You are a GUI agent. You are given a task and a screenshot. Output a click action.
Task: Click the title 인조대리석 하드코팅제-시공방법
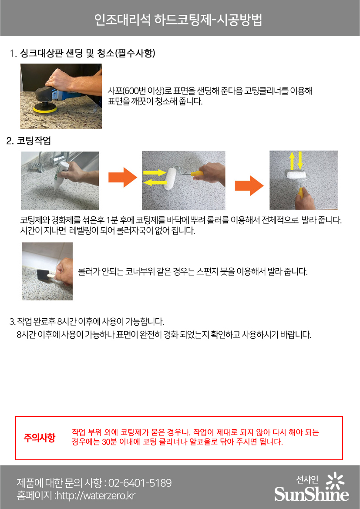click(x=178, y=20)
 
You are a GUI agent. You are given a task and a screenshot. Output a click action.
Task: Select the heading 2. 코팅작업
click(x=29, y=141)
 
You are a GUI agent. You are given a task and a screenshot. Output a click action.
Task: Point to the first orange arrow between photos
click(x=123, y=177)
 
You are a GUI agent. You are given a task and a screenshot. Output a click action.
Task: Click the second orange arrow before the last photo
click(x=249, y=185)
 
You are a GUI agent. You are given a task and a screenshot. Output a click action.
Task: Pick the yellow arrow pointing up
click(x=292, y=160)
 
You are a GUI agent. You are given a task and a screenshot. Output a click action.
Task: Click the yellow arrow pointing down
click(x=300, y=160)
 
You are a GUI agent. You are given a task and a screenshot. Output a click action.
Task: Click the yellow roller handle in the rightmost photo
click(x=302, y=193)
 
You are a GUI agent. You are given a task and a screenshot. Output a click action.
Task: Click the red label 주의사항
click(x=40, y=438)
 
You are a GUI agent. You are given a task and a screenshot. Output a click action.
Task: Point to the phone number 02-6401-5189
click(x=140, y=483)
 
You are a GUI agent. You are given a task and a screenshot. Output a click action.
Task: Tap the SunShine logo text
click(x=311, y=494)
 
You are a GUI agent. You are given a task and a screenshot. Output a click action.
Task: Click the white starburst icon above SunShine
click(x=335, y=481)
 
